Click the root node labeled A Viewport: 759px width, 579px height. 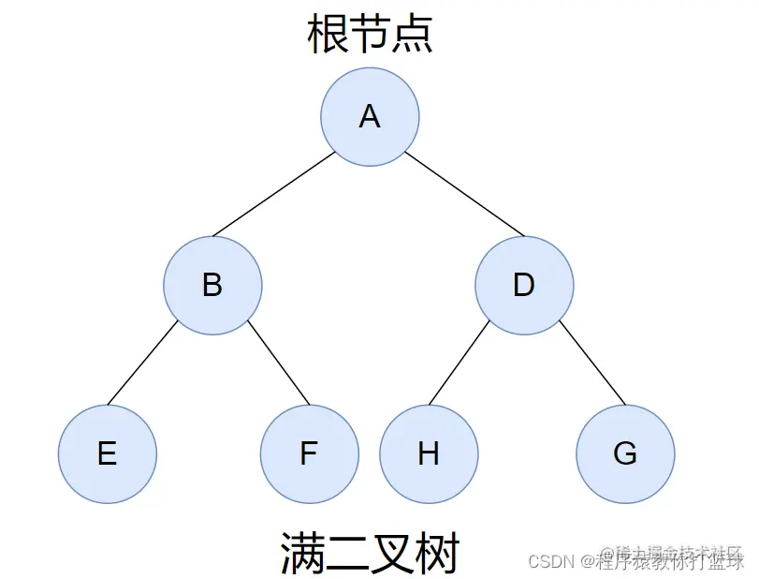[370, 117]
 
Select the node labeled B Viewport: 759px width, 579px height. [212, 285]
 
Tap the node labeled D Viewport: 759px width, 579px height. [524, 285]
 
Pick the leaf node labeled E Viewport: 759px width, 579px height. [108, 453]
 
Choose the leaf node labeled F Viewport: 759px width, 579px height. [309, 453]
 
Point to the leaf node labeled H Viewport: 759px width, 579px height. [429, 453]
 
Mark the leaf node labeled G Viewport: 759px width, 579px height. [625, 453]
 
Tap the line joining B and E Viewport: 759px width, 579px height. [142, 363]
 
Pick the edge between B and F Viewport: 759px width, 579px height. [279, 363]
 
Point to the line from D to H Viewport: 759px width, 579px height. [459, 363]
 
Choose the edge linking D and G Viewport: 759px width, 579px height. [592, 363]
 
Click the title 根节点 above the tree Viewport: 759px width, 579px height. [370, 34]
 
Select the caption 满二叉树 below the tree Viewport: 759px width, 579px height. [371, 553]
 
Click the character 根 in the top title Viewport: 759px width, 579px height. [328, 34]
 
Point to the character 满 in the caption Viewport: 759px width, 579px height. [303, 553]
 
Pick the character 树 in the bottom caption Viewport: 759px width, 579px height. [438, 553]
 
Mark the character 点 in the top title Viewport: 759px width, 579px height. [412, 34]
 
